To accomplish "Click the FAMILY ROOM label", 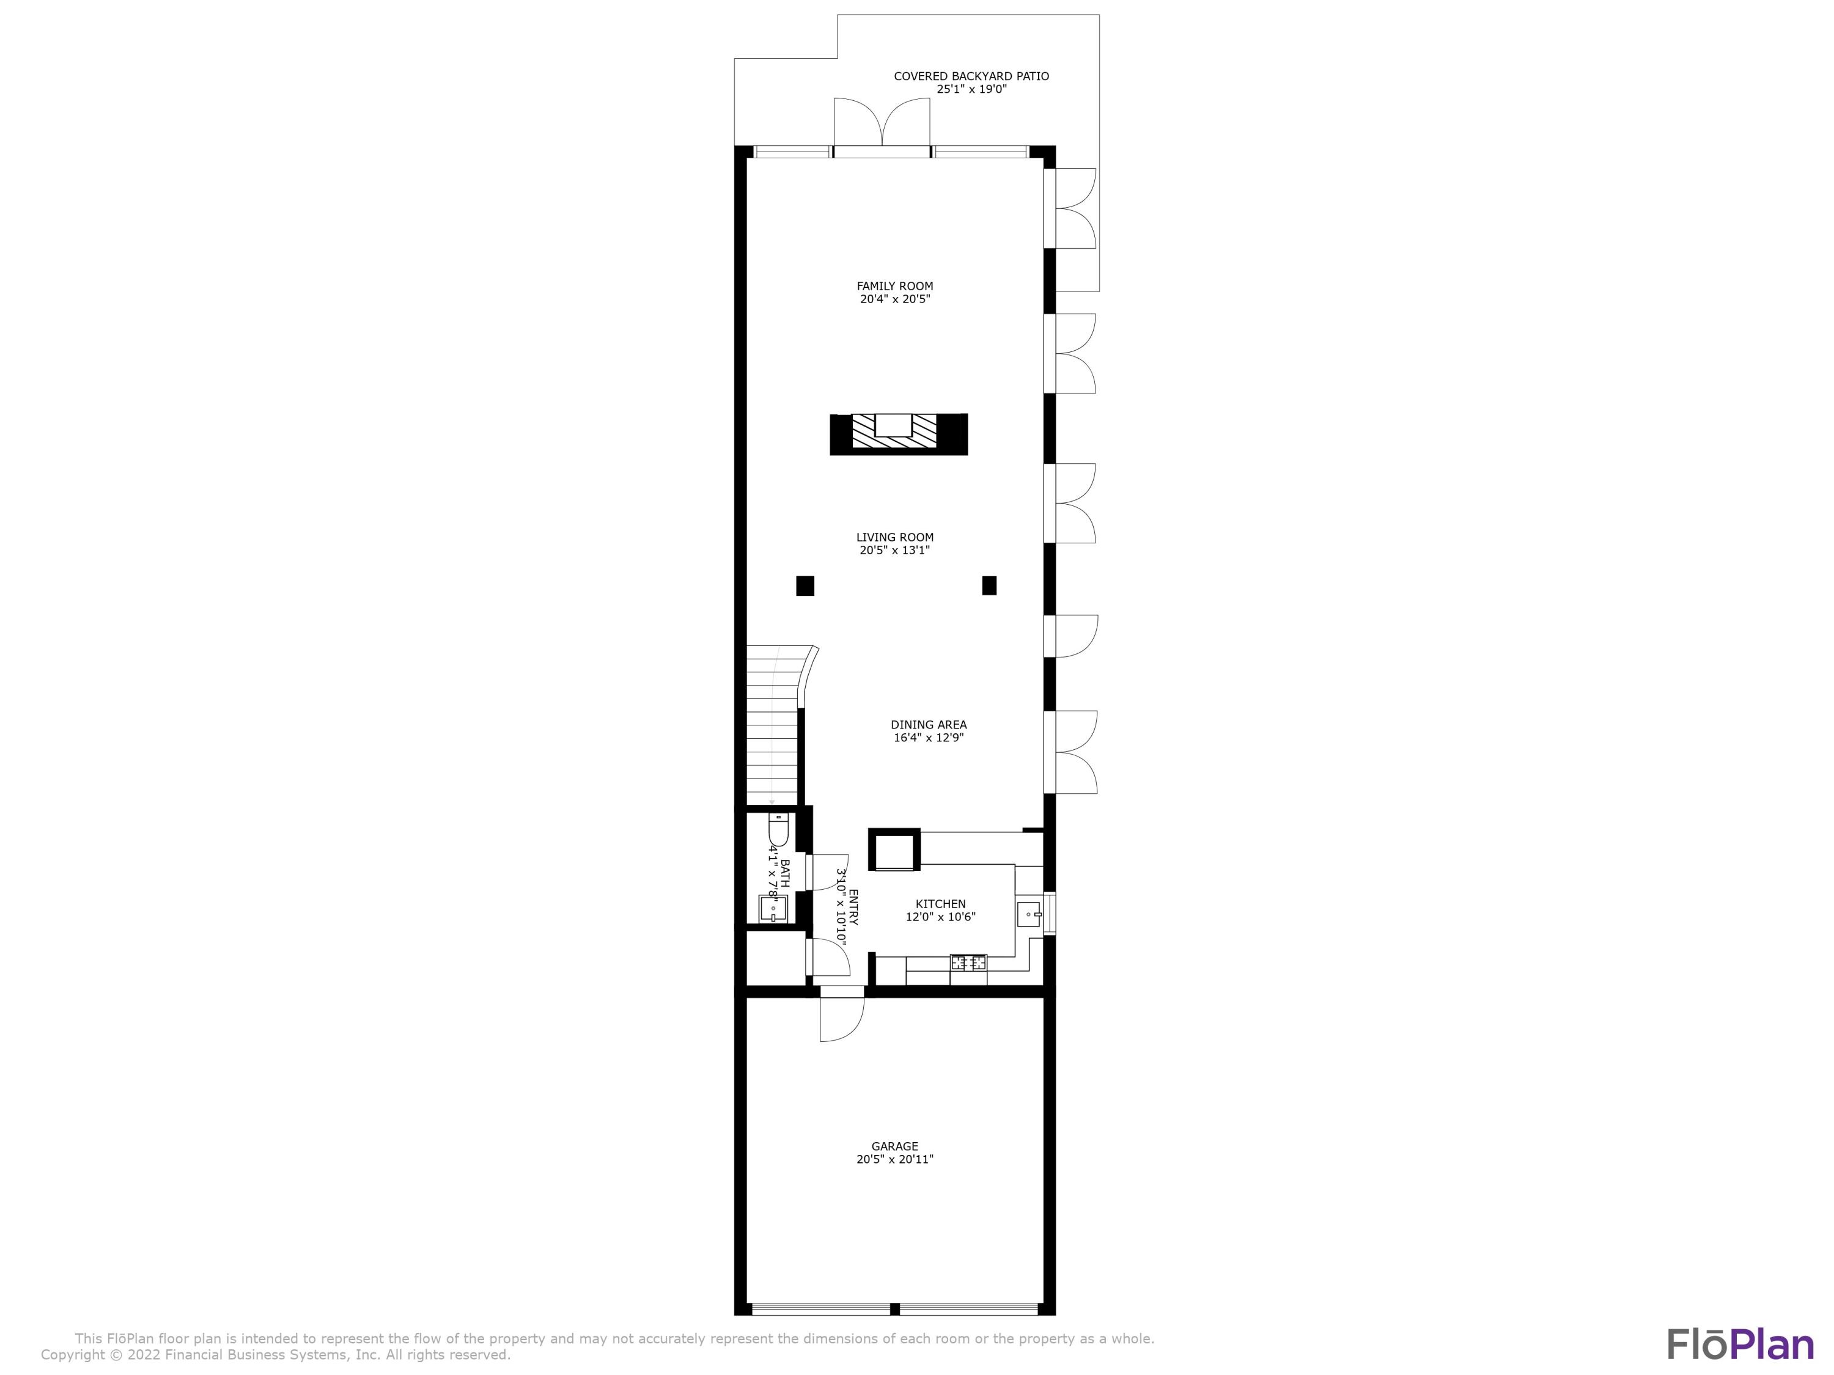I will [894, 286].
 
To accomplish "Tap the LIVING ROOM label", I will [894, 537].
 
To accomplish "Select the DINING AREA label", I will [929, 724].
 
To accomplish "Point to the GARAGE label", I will [894, 1146].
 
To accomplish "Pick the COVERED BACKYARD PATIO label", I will [971, 76].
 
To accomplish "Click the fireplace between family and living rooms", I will [898, 435].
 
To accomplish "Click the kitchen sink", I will [1029, 914].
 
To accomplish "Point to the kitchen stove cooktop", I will [968, 963].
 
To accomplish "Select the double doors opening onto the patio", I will [882, 124].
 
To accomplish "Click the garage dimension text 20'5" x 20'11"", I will [894, 1159].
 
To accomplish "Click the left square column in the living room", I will [805, 586].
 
